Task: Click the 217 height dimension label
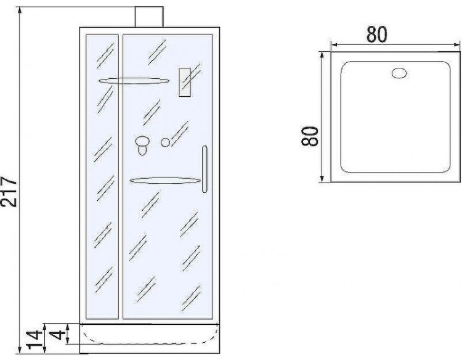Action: click(8, 192)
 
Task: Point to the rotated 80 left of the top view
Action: click(310, 135)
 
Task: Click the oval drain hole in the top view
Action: click(400, 73)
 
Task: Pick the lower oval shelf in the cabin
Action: click(165, 181)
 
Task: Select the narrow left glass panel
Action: click(102, 179)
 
